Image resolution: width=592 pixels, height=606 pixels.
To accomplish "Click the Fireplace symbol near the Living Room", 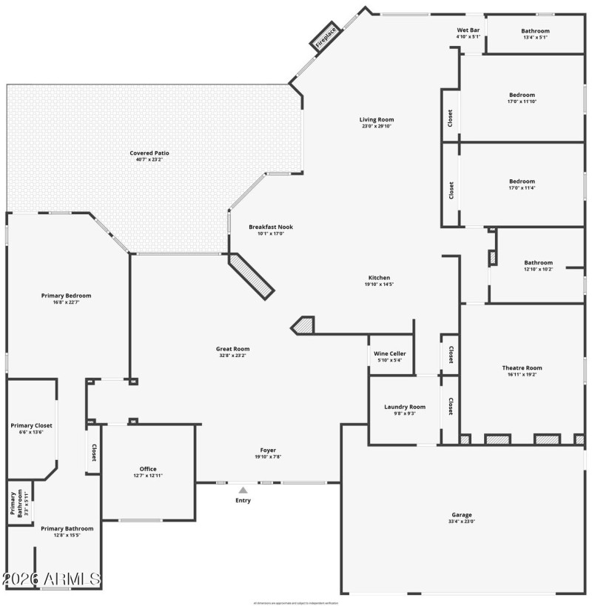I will (324, 36).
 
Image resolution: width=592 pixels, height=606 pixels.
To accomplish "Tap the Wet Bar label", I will (468, 30).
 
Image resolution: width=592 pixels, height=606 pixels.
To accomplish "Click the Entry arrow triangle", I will (243, 490).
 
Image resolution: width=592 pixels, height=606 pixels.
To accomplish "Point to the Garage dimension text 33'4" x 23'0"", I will (462, 522).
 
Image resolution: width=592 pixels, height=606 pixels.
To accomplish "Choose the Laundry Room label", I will (405, 407).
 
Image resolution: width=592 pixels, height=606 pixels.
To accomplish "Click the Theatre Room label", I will (522, 368).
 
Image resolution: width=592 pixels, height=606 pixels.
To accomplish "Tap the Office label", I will (148, 469).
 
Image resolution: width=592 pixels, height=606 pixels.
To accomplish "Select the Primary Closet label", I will (31, 426).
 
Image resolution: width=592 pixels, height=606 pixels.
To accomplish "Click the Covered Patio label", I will (149, 153).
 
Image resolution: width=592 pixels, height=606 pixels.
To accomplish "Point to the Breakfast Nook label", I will (266, 227).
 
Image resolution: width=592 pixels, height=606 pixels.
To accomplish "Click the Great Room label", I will (232, 349).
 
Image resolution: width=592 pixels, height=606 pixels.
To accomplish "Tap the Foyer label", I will (267, 450).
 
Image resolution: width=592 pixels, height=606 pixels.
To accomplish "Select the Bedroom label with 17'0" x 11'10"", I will (522, 95).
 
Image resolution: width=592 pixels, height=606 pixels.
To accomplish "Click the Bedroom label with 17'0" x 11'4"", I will (522, 182).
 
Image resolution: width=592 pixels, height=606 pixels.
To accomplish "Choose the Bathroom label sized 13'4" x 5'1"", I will (535, 30).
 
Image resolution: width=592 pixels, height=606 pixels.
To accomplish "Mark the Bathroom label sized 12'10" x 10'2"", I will (538, 262).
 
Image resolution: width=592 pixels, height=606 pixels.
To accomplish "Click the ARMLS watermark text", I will (51, 578).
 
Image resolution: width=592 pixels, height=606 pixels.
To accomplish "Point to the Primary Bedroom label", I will (66, 295).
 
